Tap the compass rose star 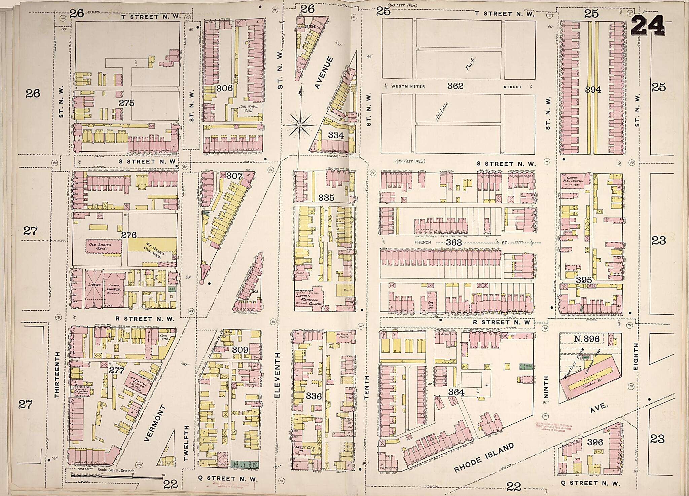pyautogui.click(x=299, y=125)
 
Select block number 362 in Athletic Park pyautogui.click(x=456, y=86)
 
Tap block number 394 pyautogui.click(x=593, y=89)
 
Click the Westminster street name pyautogui.click(x=403, y=86)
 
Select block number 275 pyautogui.click(x=126, y=103)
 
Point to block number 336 pyautogui.click(x=314, y=396)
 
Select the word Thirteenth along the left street pyautogui.click(x=58, y=375)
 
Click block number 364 pyautogui.click(x=456, y=392)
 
